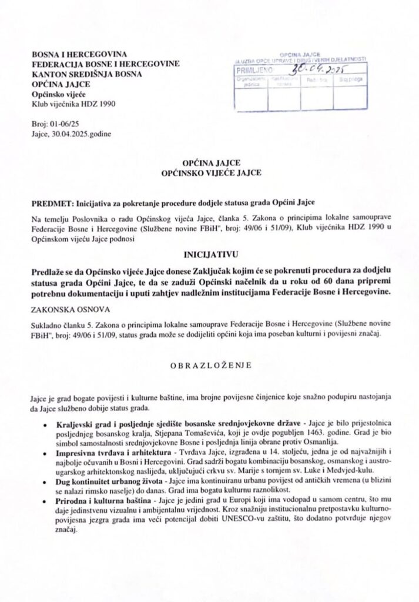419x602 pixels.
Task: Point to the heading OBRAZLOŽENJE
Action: [210, 365]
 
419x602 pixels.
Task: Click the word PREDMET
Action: [50, 203]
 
